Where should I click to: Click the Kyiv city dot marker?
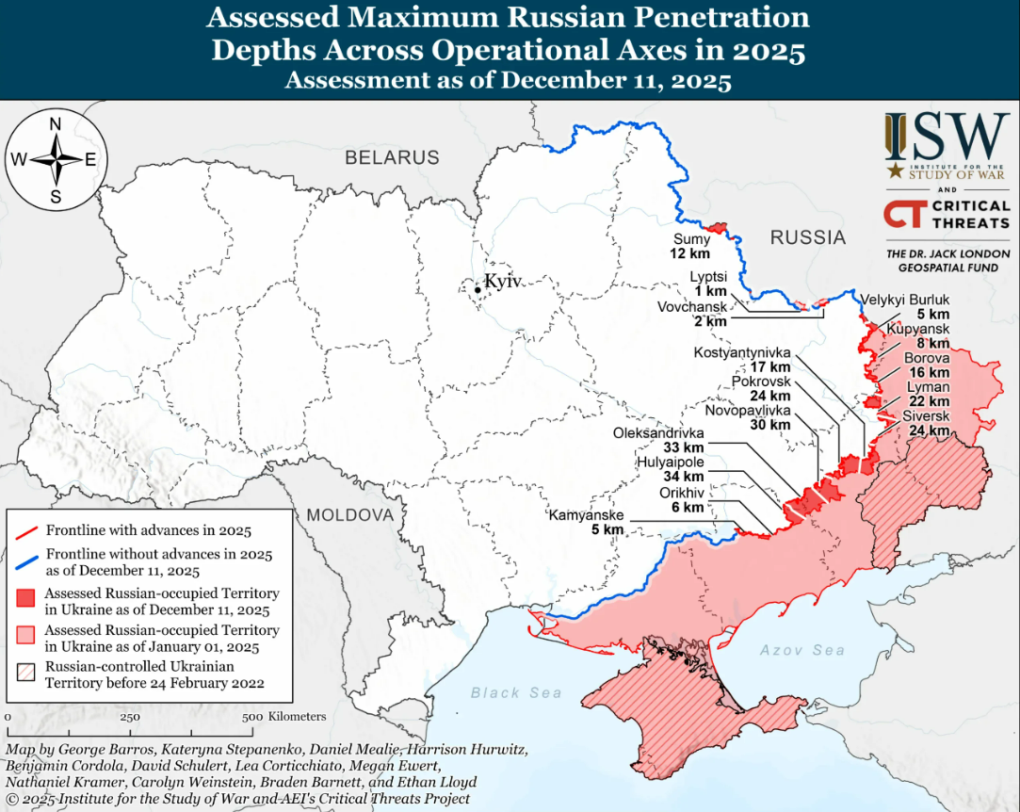pos(478,290)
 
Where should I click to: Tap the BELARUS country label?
pos(392,157)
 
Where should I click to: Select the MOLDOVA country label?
pos(349,515)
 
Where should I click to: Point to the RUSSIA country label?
pos(807,237)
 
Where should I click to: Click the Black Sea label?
pos(516,693)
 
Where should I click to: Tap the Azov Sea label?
pos(802,650)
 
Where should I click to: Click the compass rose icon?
pos(56,158)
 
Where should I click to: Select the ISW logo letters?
pos(946,138)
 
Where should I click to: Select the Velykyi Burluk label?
pos(905,300)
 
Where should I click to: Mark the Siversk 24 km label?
pos(925,424)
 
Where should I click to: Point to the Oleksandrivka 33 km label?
pos(657,440)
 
